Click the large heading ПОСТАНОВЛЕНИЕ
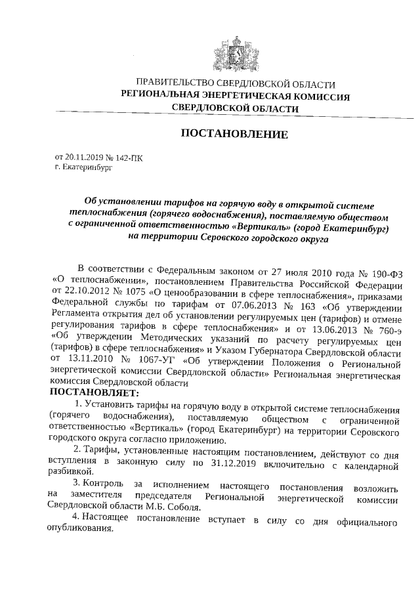coord(234,135)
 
